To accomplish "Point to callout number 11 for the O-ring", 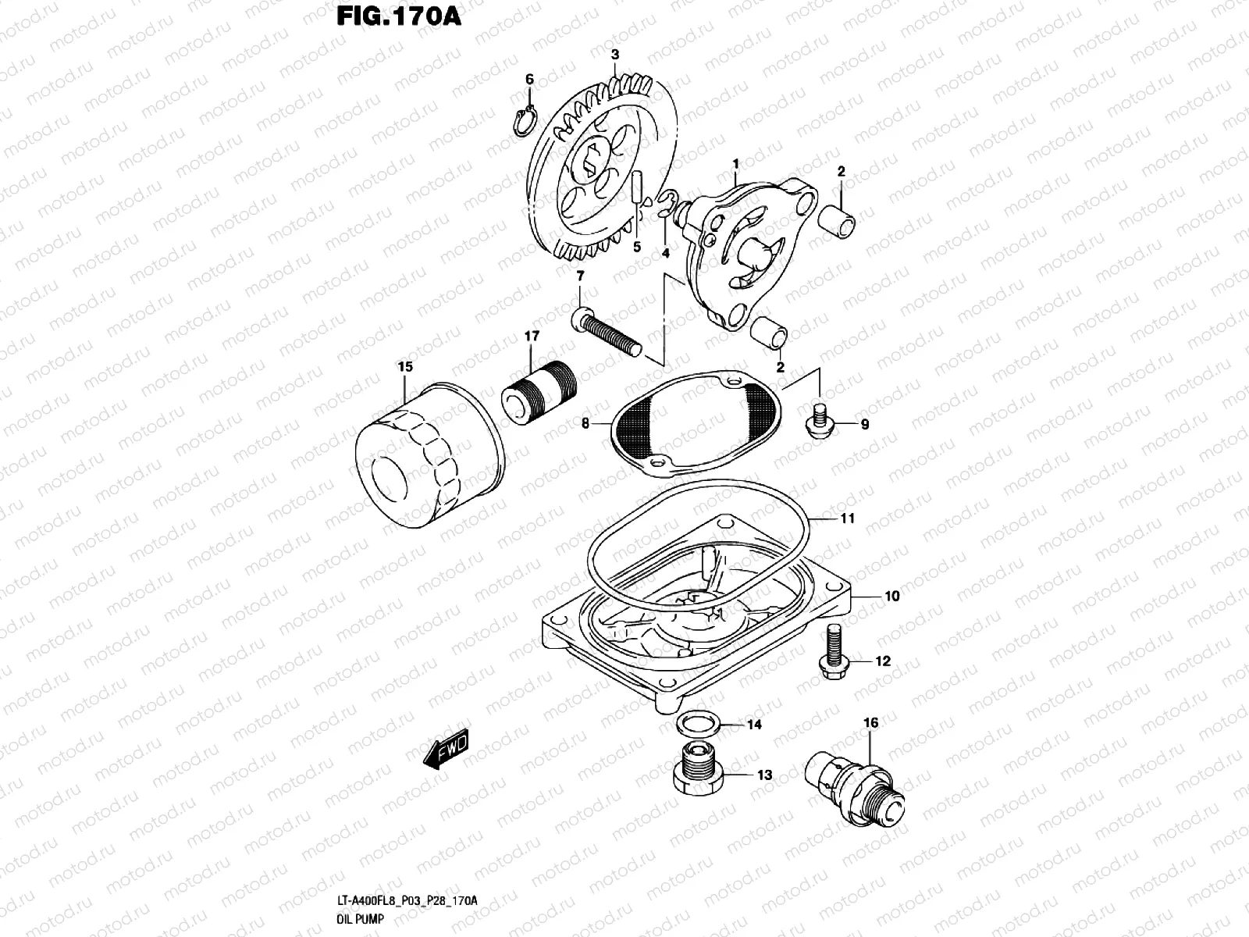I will pyautogui.click(x=847, y=518).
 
